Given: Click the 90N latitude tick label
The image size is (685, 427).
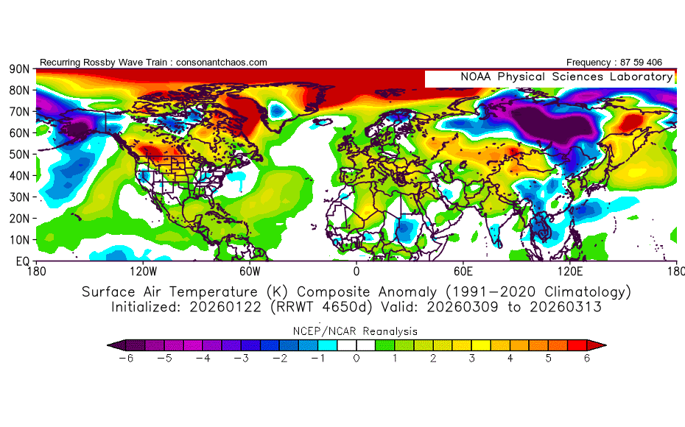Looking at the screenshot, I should pos(19,69).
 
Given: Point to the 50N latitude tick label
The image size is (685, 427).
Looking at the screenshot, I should pos(19,155).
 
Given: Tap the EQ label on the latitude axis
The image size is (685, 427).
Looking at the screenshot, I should pos(22,261).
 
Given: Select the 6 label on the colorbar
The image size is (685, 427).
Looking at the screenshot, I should pos(588,359).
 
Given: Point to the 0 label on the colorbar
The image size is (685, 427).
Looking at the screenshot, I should pos(356,359).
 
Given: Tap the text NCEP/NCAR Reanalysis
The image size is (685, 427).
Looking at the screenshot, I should pos(356,331).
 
